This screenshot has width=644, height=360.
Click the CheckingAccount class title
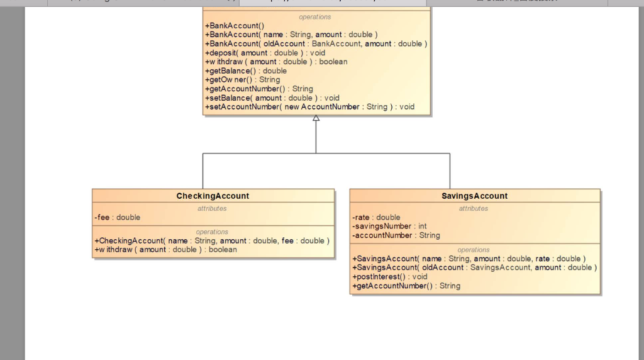(x=213, y=196)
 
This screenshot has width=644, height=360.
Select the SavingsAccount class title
(x=474, y=196)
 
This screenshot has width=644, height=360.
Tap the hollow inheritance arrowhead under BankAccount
(x=316, y=118)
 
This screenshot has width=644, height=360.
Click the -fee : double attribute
(x=118, y=217)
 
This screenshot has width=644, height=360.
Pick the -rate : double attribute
(x=376, y=217)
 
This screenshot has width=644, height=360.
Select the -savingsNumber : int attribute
(x=389, y=226)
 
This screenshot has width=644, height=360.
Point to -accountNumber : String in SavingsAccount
(x=396, y=235)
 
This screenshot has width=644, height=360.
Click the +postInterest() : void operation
(x=389, y=276)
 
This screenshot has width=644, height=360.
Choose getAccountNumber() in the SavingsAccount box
(x=406, y=286)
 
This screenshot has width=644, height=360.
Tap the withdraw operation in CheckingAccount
(x=165, y=249)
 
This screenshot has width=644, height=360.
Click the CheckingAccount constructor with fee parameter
(x=212, y=240)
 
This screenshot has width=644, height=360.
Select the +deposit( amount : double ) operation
(x=265, y=53)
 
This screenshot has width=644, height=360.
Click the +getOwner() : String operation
(x=242, y=80)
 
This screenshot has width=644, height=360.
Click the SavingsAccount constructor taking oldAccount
(x=474, y=267)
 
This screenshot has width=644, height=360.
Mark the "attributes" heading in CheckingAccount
(x=212, y=208)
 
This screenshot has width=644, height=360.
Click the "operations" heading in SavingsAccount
(x=474, y=250)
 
